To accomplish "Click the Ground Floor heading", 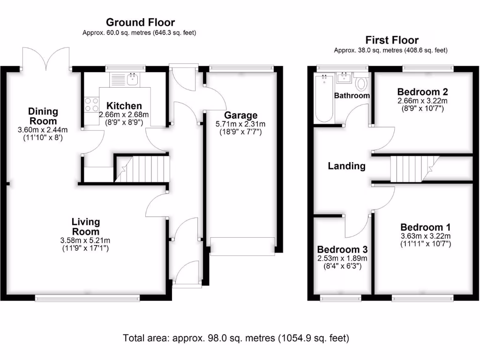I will click(140, 22).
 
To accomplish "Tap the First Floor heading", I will click(392, 40).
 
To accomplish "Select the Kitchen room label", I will click(121, 106).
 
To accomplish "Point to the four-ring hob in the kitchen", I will click(91, 104).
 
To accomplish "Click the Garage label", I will click(240, 115).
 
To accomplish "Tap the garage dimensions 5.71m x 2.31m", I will click(240, 124).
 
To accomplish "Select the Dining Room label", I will click(43, 116).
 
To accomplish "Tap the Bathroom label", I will click(352, 96).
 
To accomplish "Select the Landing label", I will click(346, 165).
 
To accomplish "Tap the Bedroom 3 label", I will click(342, 249).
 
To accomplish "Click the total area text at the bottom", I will click(236, 337).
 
